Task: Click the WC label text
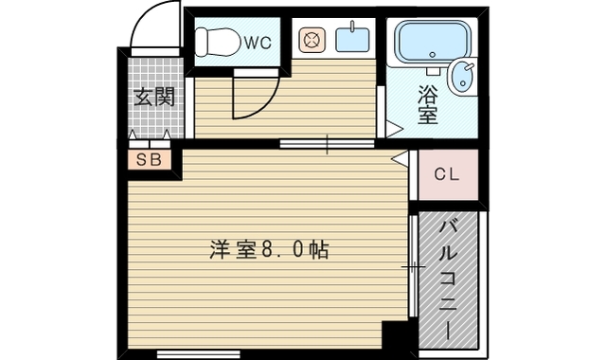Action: pos(258,42)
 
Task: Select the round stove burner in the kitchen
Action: pos(312,40)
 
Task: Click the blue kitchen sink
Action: pos(351,40)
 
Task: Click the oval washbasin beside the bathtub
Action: pos(463,75)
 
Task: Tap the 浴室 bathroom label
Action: pos(427,104)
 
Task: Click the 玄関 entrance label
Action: pos(151,97)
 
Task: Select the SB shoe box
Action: pos(149,159)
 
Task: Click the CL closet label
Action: pos(447,174)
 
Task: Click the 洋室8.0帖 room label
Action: pos(270,250)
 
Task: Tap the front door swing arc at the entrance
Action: pos(153,27)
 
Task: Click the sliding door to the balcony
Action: pos(413,268)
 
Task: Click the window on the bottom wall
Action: pos(198,354)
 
